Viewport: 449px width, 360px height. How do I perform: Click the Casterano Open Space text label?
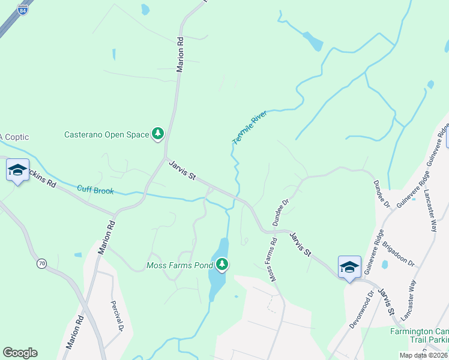(x=106, y=134)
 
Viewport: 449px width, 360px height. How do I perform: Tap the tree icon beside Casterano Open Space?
(x=158, y=133)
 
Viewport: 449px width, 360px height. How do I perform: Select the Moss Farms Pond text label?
(x=181, y=265)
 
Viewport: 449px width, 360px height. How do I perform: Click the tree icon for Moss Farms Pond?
(x=222, y=264)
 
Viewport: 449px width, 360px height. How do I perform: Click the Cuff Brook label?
(x=95, y=190)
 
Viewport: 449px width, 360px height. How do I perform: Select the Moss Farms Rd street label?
(x=273, y=260)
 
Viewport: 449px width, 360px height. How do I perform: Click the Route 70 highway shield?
(x=41, y=263)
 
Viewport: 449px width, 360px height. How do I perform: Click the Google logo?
(x=20, y=353)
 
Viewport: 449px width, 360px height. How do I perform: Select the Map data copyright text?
(x=423, y=356)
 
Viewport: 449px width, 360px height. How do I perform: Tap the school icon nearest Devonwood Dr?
(x=349, y=267)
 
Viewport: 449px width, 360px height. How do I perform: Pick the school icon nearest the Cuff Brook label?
(x=17, y=170)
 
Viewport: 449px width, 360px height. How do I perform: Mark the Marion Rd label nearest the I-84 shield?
(x=179, y=55)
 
